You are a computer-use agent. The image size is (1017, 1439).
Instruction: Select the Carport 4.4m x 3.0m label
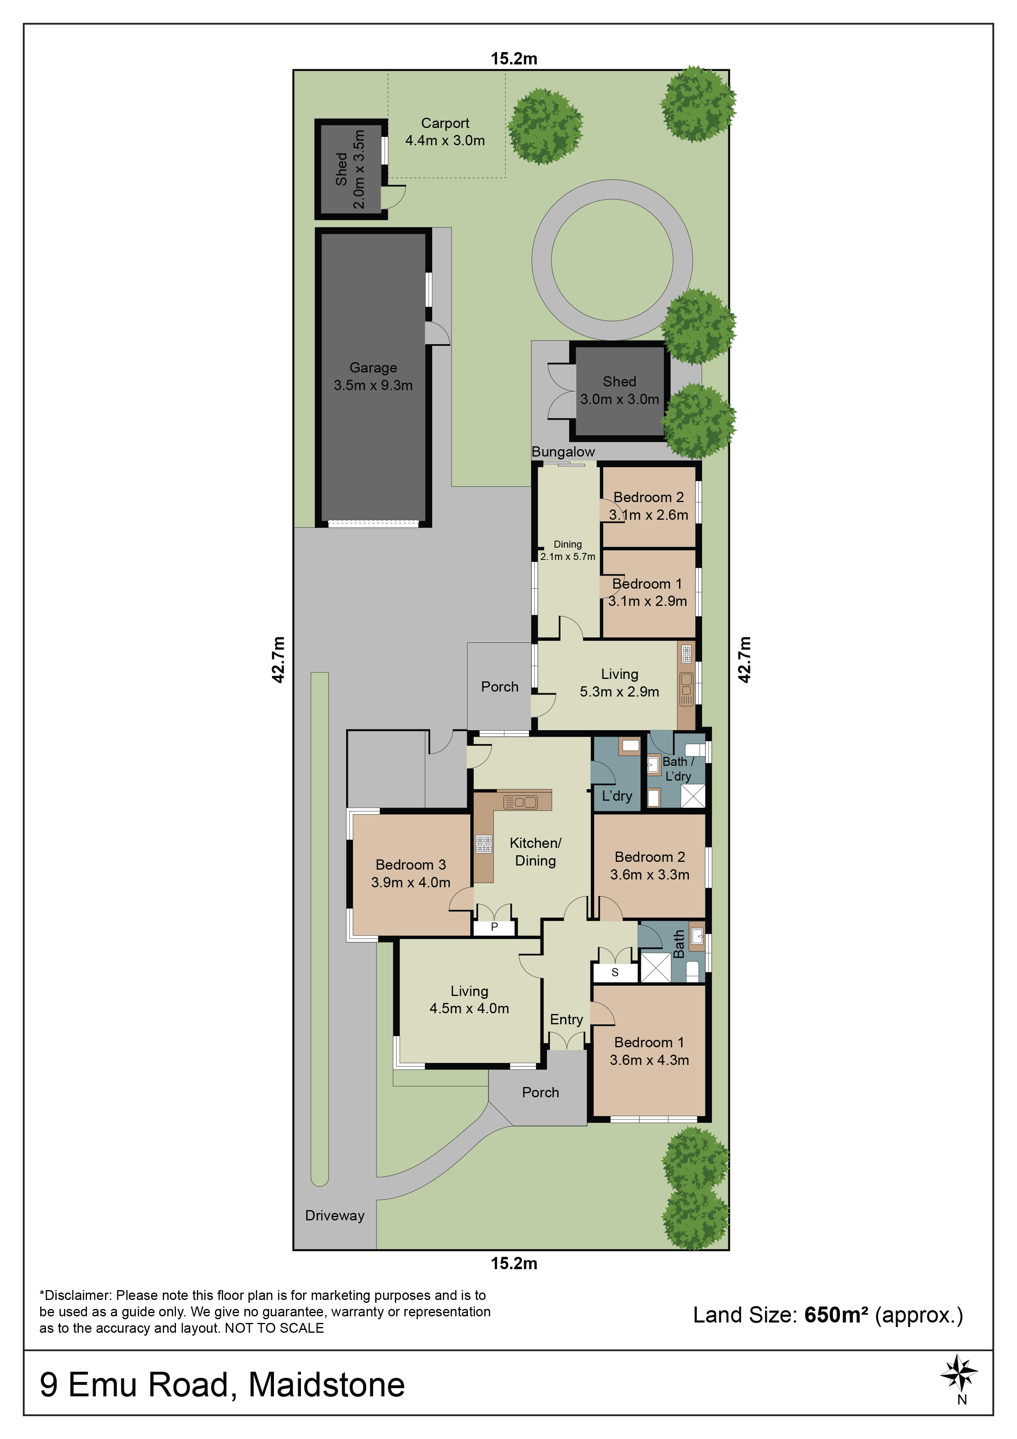click(x=445, y=132)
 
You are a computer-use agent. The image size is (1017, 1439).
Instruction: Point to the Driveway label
click(x=335, y=1215)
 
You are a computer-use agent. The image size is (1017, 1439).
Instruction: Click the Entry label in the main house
click(x=566, y=1020)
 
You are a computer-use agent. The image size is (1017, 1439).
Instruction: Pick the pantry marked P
click(x=495, y=927)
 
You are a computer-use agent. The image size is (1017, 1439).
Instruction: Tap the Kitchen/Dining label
click(x=535, y=852)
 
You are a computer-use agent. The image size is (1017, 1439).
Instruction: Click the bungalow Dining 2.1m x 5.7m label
click(x=568, y=550)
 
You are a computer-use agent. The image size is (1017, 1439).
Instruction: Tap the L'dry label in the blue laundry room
click(x=617, y=796)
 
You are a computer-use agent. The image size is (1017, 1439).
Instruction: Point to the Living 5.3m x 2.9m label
click(x=619, y=683)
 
